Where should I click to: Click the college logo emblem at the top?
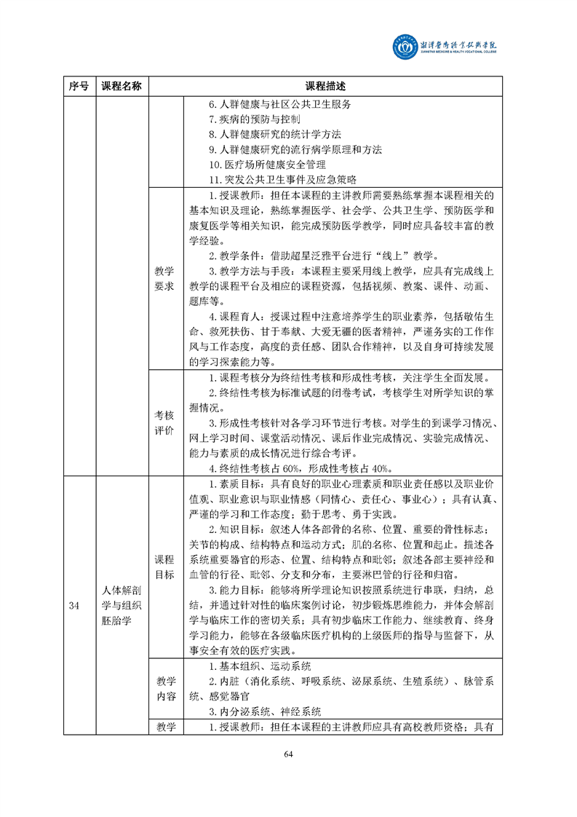pyautogui.click(x=404, y=47)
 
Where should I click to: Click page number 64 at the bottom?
pyautogui.click(x=288, y=754)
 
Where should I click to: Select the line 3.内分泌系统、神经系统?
pyautogui.click(x=265, y=711)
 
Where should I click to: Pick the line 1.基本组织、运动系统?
pyautogui.click(x=260, y=666)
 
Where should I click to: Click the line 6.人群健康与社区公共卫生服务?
pyautogui.click(x=280, y=103)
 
